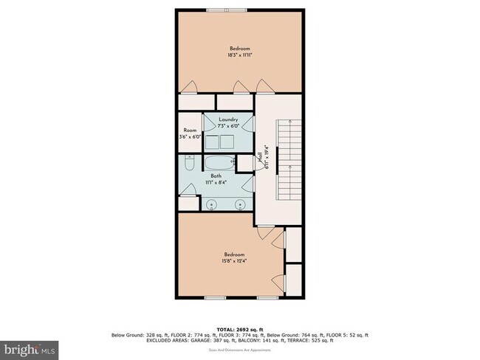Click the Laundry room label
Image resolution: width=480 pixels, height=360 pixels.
tap(228, 120)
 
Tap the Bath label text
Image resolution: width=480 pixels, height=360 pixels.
tap(216, 176)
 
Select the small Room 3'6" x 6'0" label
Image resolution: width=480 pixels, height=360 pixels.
tap(190, 134)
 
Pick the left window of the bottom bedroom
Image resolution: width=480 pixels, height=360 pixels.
tap(215, 297)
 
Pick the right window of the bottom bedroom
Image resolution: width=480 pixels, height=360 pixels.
tap(267, 297)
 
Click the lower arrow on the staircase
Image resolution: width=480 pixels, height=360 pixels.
tap(292, 169)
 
